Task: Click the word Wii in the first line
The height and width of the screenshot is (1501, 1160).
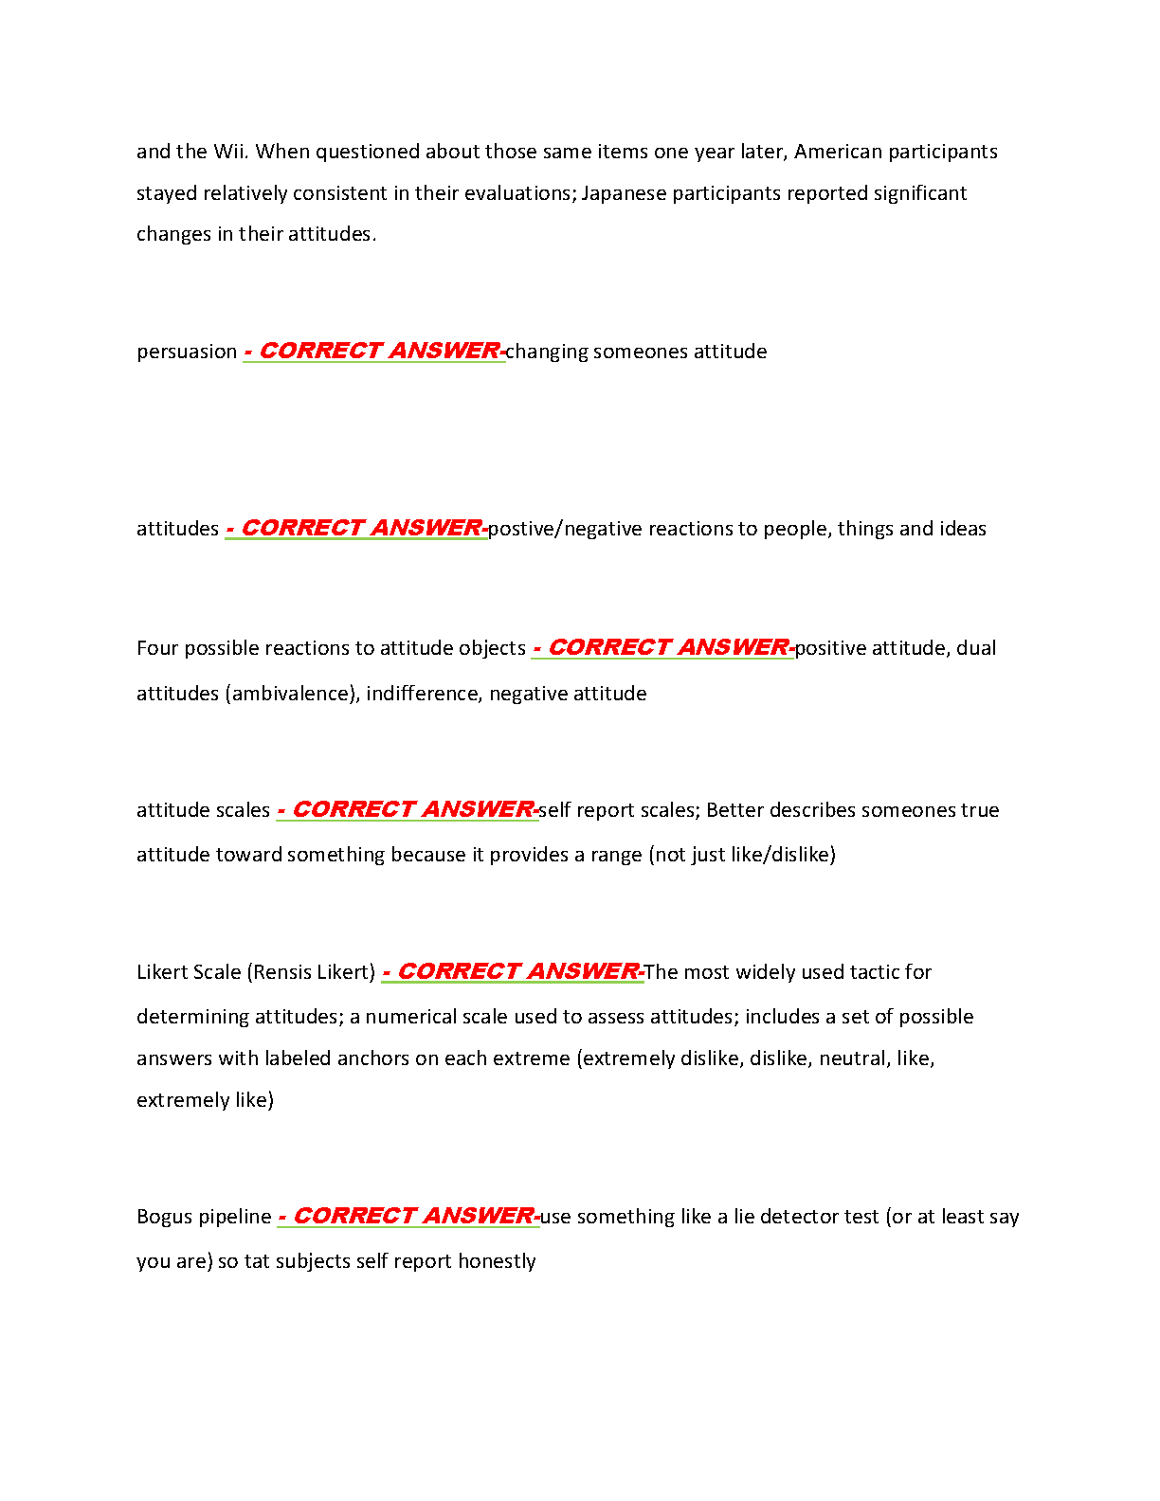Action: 229,152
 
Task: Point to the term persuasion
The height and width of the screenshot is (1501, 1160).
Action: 187,352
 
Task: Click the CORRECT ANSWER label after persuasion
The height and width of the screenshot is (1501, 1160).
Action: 374,351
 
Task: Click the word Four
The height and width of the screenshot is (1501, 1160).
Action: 157,648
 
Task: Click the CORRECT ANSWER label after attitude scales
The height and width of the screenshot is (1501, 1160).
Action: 408,809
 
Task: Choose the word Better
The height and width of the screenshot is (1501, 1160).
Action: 734,810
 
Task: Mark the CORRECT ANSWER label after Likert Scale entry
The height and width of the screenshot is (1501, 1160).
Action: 513,971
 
